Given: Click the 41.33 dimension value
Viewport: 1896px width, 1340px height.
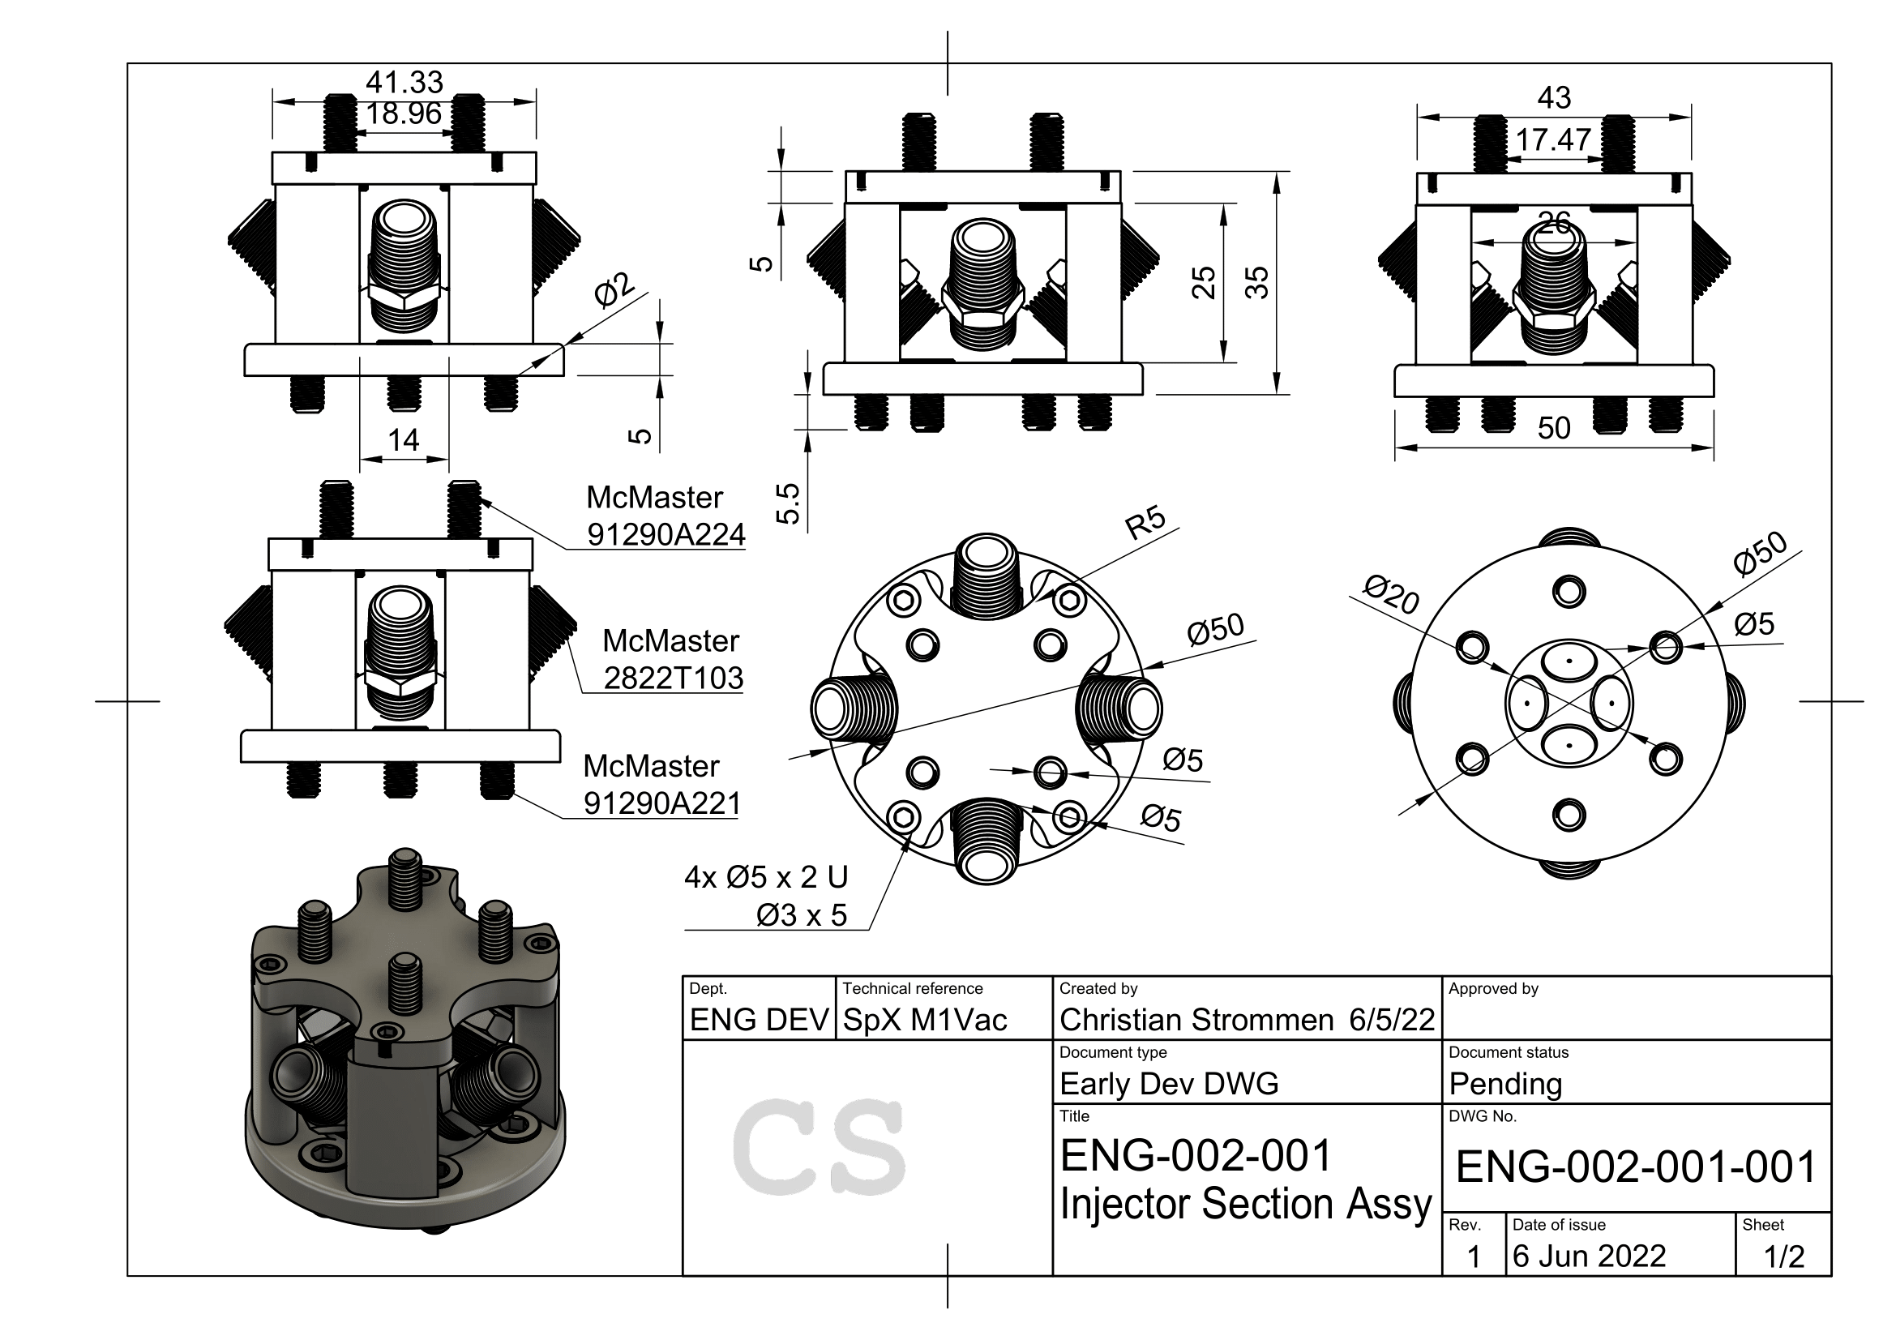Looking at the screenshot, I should [x=404, y=83].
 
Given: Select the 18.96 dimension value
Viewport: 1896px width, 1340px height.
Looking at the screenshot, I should [x=404, y=114].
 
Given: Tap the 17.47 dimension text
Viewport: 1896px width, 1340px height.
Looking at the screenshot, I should [x=1552, y=139].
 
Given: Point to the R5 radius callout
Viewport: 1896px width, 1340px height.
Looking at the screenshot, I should [x=1146, y=523].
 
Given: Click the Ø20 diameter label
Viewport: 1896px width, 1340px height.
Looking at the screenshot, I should [x=1391, y=595].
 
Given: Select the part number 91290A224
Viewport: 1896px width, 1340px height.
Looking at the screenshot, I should [x=666, y=535].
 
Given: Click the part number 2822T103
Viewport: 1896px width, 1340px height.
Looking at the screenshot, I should [x=673, y=679].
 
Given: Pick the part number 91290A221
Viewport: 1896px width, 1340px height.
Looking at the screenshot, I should [x=661, y=803].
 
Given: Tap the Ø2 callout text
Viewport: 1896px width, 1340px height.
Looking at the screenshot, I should [x=615, y=289].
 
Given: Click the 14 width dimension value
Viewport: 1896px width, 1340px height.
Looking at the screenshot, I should [x=404, y=440].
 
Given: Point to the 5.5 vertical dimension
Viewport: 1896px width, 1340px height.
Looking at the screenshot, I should [x=789, y=503].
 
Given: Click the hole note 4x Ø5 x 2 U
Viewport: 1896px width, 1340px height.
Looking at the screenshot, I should [x=765, y=877].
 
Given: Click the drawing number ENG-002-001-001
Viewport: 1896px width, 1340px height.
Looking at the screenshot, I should [x=1636, y=1167].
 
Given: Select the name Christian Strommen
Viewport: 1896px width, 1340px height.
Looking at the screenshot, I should [x=1196, y=1021].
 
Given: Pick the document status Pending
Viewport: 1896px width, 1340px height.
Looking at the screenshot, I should [x=1505, y=1084].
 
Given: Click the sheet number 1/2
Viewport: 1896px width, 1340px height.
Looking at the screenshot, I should [x=1783, y=1257].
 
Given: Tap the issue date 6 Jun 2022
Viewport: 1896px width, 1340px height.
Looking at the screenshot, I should [x=1589, y=1257].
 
